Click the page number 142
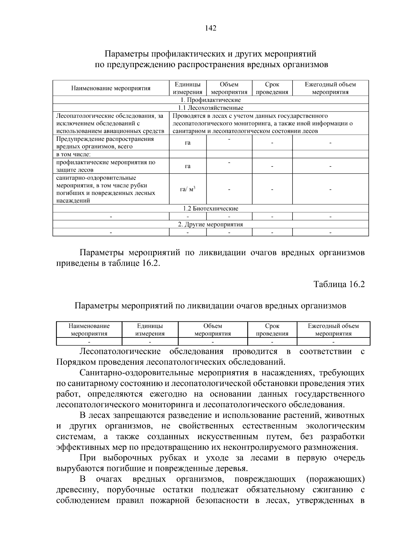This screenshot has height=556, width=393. pos(210,28)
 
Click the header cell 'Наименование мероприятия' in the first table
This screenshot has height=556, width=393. pos(111,88)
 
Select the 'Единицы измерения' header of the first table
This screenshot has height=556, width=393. pos(188,88)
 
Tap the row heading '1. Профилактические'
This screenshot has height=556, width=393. pos(210,100)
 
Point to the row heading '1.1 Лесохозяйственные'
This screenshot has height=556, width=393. pos(210,108)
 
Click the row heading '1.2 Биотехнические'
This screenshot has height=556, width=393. pos(210,209)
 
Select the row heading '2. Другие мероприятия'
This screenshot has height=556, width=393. pos(210,224)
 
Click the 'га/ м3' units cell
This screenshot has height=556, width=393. pos(188,189)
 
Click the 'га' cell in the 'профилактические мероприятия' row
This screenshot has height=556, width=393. pos(188,166)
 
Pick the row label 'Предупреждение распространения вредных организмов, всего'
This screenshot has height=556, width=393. pos(105,143)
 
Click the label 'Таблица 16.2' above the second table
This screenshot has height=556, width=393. pos(339,284)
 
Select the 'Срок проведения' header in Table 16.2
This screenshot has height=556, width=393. pos(272,330)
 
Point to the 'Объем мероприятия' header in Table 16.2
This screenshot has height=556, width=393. pos(213,330)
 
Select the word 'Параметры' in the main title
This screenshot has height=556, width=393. pos(125,53)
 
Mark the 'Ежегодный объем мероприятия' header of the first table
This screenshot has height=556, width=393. pos(330,88)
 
